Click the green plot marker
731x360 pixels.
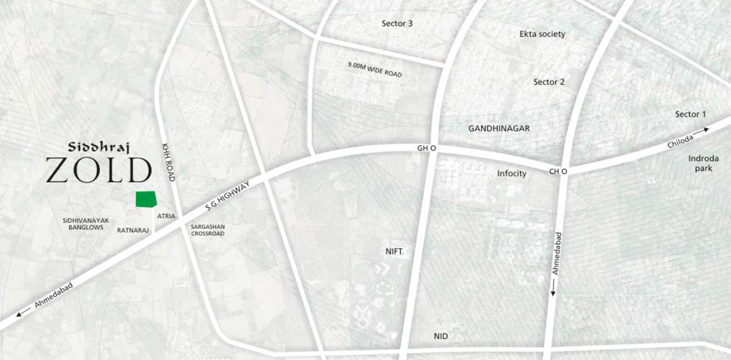point(146,199)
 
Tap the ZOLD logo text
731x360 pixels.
point(98,170)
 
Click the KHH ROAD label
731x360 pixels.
point(168,162)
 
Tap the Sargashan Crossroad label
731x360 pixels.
point(207,230)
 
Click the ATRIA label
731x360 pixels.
point(166,216)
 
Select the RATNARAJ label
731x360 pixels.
point(133,230)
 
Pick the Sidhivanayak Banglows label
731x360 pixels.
point(86,223)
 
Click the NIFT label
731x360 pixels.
point(393,251)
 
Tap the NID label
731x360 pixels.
point(440,336)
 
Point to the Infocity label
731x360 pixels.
point(512,173)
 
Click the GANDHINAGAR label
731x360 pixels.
point(499,128)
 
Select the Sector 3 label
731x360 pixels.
point(397,24)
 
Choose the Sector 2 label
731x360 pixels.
point(549,82)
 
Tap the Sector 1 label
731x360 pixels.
point(691,114)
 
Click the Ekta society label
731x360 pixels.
point(542,34)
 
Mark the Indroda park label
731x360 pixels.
point(700,163)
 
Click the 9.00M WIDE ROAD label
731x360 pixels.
point(375,69)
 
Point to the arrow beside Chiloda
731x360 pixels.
point(701,130)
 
